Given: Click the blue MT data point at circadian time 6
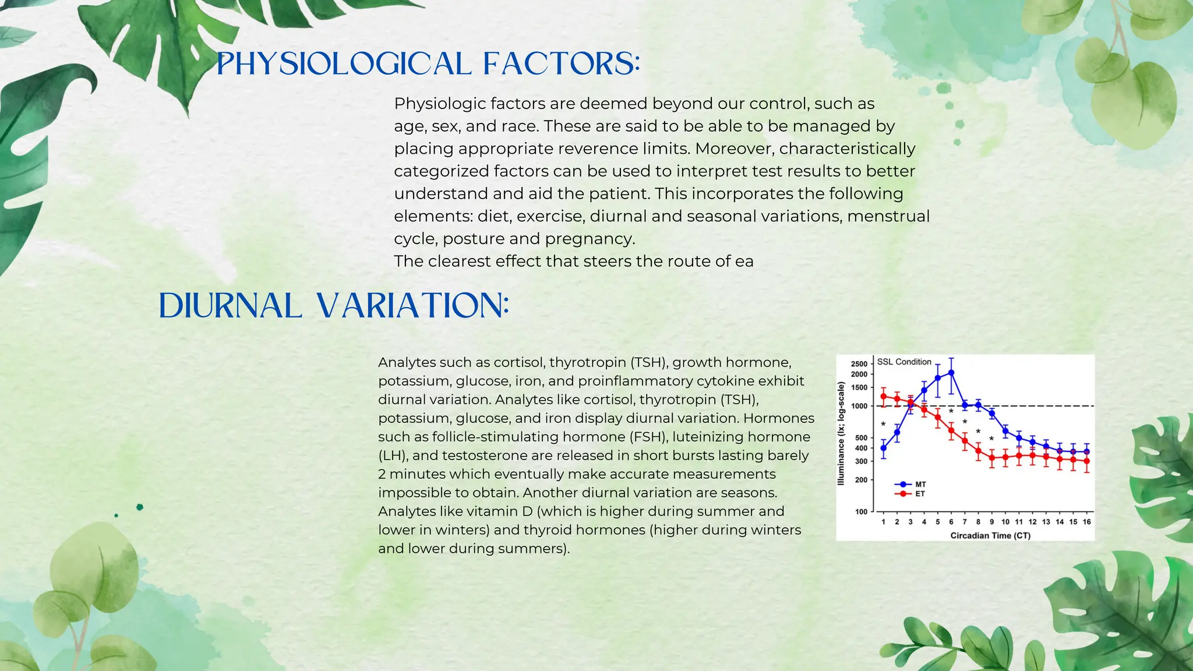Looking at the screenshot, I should (x=951, y=373).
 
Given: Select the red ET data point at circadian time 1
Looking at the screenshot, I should (x=884, y=397).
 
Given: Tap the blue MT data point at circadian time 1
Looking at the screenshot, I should (x=884, y=448).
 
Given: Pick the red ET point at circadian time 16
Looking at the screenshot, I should (x=1086, y=461).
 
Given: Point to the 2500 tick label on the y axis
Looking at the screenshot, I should (x=859, y=364).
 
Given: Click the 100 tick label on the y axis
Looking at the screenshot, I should (x=861, y=511).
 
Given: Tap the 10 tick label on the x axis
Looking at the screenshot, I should (x=1005, y=522).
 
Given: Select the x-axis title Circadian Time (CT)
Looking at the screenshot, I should (x=990, y=535).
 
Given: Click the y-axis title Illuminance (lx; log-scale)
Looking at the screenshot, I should (x=841, y=433).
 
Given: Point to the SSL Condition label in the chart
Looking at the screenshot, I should (x=904, y=362).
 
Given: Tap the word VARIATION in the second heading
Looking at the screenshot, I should (x=413, y=306).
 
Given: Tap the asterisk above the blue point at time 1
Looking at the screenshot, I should (x=883, y=424).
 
